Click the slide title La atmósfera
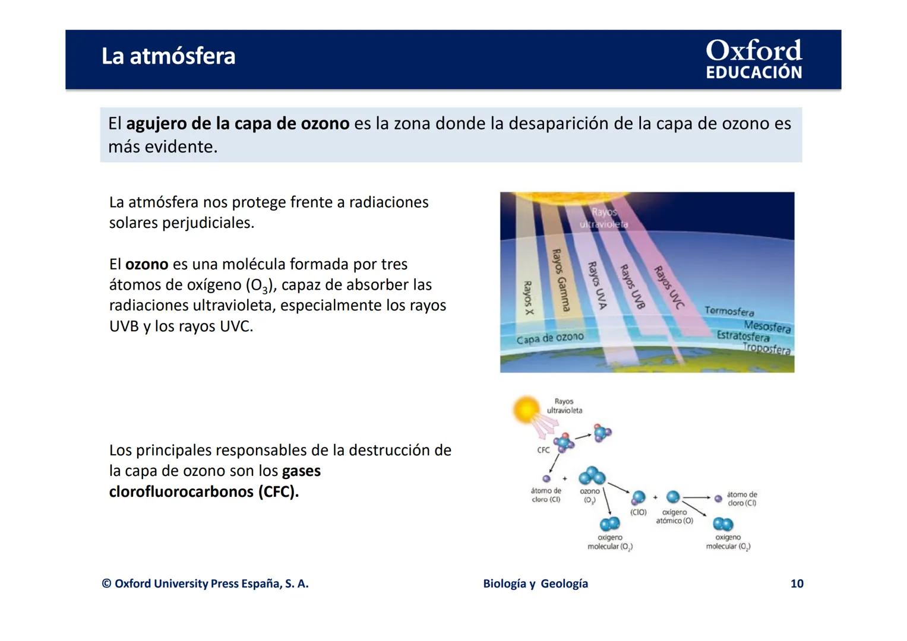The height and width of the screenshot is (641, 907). point(168,56)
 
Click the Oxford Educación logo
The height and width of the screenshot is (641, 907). point(753,59)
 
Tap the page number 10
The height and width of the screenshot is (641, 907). point(797,583)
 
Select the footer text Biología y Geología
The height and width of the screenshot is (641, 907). point(535,583)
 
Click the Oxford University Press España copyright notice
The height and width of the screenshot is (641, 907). point(205,583)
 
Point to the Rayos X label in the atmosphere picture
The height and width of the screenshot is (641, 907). point(527,298)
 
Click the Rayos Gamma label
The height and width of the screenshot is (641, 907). point(561,280)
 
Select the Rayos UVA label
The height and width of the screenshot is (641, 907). point(597,285)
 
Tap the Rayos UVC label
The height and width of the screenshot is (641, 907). point(669,287)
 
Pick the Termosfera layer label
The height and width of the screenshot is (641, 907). point(729,311)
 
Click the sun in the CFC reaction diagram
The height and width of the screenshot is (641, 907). point(526,410)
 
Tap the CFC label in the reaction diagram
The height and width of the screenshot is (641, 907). point(543,450)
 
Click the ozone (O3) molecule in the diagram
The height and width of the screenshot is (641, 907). point(592,476)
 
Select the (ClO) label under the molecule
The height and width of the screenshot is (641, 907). point(638,512)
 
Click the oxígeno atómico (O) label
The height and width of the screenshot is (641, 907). point(674,516)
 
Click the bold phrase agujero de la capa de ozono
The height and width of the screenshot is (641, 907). point(238,123)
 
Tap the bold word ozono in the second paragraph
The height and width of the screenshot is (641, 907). point(147,264)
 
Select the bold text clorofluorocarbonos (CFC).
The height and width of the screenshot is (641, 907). point(204,492)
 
